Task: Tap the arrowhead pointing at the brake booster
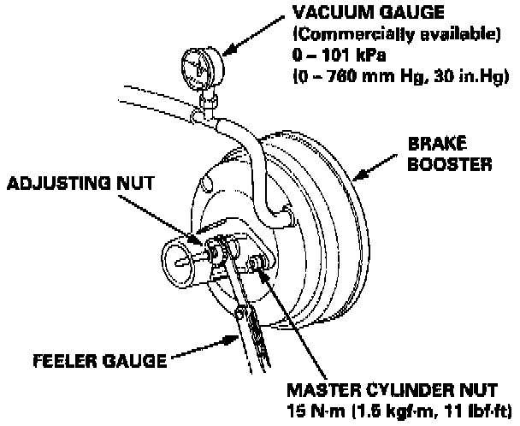(357, 177)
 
